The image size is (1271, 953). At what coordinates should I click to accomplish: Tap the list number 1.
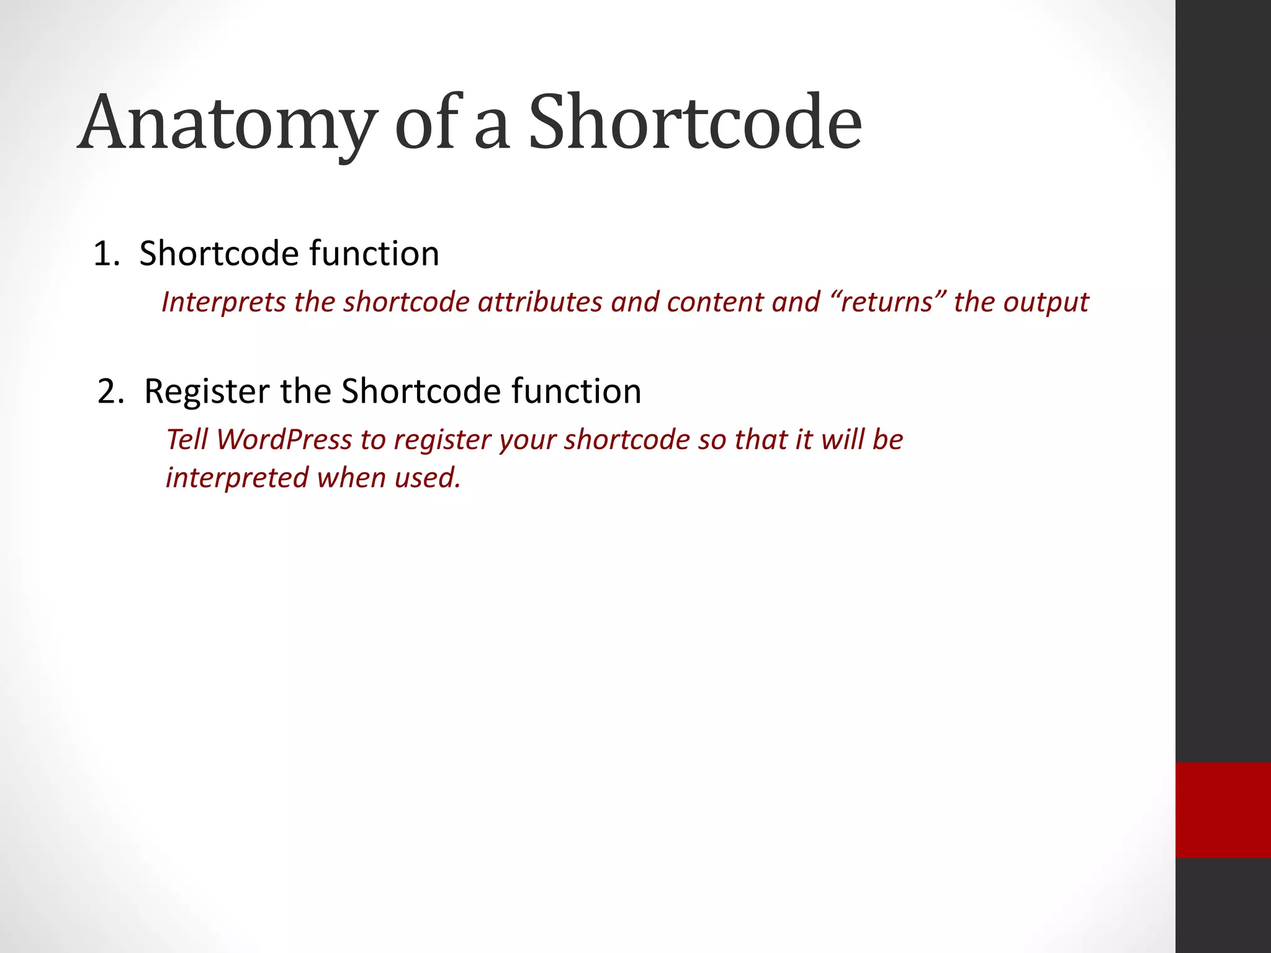pyautogui.click(x=104, y=254)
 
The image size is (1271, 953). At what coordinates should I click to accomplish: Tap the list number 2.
pyautogui.click(x=109, y=391)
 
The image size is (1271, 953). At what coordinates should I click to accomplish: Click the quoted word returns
pyautogui.click(x=887, y=302)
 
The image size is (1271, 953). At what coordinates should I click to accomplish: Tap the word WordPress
pyautogui.click(x=284, y=440)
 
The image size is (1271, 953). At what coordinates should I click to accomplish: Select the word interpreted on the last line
pyautogui.click(x=237, y=478)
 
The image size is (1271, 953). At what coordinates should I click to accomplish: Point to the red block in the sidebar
pyautogui.click(x=1223, y=810)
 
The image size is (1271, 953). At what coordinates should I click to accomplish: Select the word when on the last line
pyautogui.click(x=352, y=478)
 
